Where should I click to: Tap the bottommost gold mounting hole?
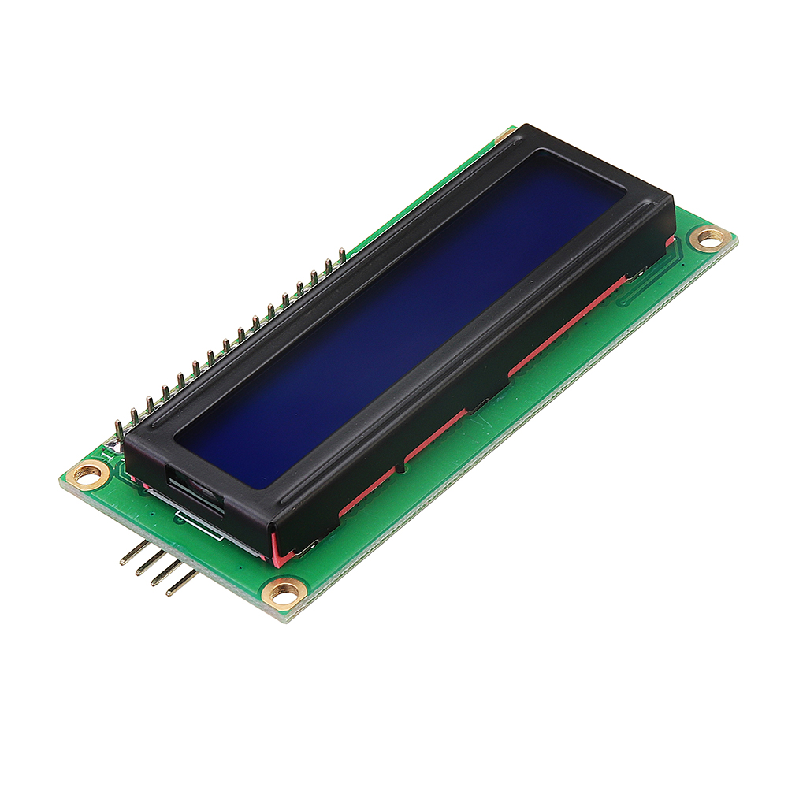point(284,590)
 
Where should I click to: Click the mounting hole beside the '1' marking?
point(87,474)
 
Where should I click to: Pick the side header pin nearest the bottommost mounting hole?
point(181,583)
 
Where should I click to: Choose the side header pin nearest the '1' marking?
point(133,552)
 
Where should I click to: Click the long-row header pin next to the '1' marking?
point(119,429)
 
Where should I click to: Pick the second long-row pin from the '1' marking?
point(134,416)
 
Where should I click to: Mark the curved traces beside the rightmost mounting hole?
point(638,292)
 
